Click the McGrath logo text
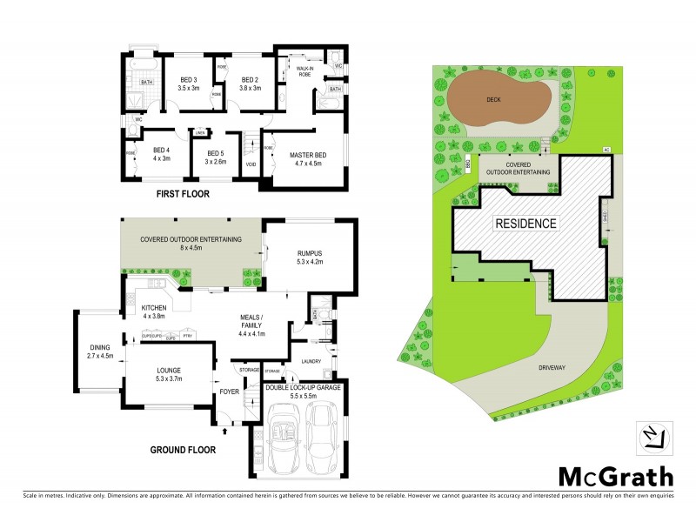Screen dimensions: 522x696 click(615, 476)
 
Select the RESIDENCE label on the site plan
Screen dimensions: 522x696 click(525, 224)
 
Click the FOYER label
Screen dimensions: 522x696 click(229, 391)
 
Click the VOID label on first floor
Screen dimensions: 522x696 click(251, 164)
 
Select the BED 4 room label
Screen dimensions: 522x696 click(162, 153)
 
